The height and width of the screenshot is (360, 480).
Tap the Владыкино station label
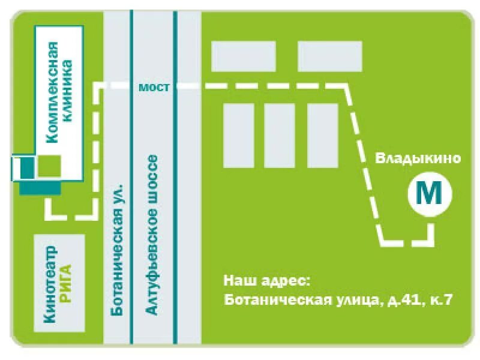coord(418,158)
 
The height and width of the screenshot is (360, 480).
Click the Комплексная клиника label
coord(60,92)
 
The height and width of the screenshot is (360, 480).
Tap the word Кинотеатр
coord(51,284)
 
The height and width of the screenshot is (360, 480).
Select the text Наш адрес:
coord(268,280)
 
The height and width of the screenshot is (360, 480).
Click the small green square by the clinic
coord(49,165)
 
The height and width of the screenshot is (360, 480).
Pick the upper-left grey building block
coord(244,56)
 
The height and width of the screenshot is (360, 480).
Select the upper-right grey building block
coord(330,56)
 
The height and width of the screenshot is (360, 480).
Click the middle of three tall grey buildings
coord(280,135)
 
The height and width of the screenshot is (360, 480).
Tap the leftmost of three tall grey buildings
coord(238,135)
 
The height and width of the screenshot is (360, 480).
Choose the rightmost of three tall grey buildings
coord(323,135)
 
